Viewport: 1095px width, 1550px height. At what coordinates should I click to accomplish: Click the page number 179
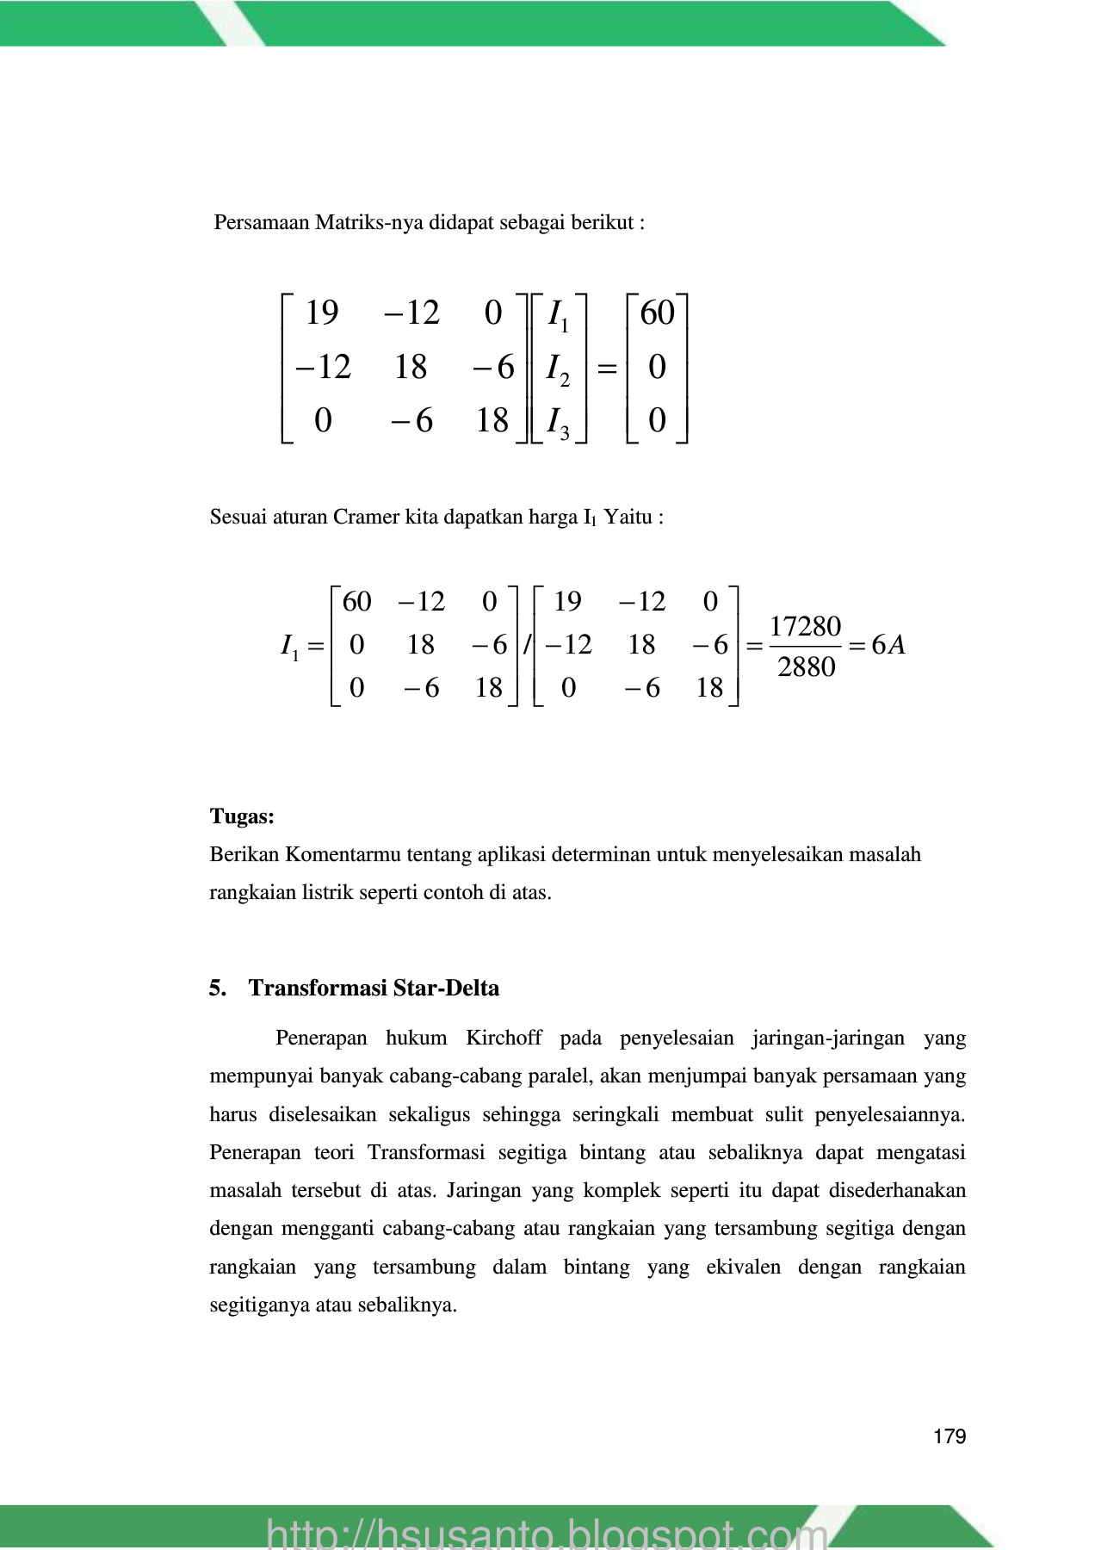949,1436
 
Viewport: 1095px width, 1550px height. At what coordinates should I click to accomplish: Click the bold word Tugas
241,816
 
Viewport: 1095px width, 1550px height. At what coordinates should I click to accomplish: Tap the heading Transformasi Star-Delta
374,988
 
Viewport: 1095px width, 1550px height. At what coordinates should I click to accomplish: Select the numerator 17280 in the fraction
805,626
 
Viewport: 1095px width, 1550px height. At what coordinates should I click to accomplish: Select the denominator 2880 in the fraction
806,666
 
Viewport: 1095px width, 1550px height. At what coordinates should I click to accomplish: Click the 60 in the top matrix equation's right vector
657,313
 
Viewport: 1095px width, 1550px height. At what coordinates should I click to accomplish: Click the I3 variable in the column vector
557,422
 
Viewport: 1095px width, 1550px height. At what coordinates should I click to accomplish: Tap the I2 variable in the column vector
557,369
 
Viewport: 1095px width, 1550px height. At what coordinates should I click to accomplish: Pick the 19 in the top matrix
322,313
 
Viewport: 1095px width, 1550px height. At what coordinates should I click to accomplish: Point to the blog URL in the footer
547,1534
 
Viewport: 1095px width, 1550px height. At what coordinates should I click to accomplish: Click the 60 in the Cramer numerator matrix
356,602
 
